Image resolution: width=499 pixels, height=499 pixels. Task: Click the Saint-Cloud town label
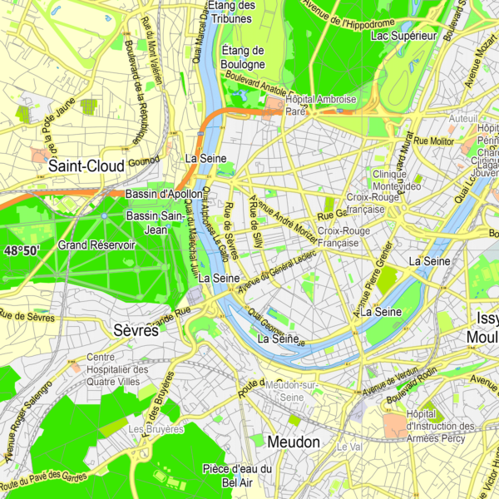[86, 166]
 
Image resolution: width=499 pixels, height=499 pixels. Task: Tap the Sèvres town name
[135, 330]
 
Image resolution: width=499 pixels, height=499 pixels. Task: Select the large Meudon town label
[294, 442]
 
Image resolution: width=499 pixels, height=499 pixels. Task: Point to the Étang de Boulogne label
[243, 57]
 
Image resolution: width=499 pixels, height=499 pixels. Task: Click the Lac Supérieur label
[403, 36]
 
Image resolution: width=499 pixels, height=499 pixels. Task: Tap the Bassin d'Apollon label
[159, 194]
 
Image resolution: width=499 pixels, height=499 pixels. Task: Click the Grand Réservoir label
[96, 245]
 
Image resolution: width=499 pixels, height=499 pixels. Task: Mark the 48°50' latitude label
[22, 250]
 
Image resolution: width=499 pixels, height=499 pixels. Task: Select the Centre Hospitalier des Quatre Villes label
[117, 370]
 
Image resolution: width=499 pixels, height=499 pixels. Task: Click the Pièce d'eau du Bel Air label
[237, 475]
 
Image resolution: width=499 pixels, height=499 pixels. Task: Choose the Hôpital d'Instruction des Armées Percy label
[440, 427]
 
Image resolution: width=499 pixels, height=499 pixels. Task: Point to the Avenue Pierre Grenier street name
[373, 280]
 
